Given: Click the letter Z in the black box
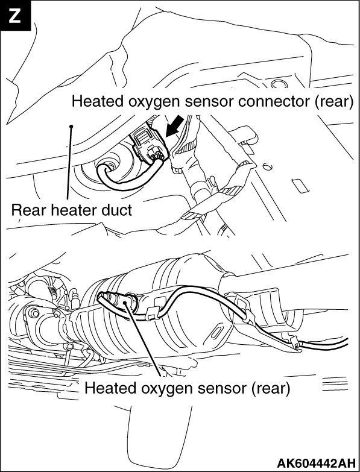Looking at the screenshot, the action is (x=14, y=16).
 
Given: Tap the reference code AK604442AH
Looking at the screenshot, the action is (x=316, y=462).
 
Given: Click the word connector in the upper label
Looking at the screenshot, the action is (x=274, y=101).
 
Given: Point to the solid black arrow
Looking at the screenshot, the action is (x=174, y=126).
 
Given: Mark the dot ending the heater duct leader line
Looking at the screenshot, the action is (x=71, y=127).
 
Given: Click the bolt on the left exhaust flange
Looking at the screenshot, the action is (x=33, y=313).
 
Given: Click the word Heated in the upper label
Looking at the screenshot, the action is (x=98, y=101).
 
